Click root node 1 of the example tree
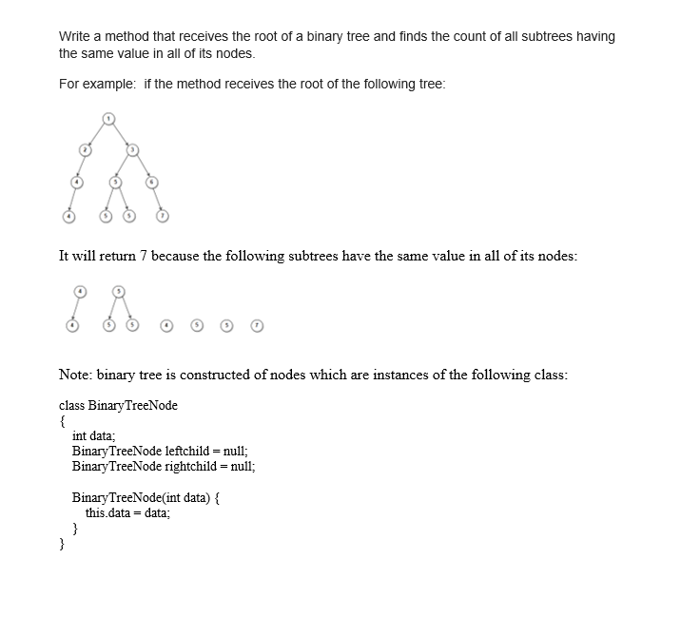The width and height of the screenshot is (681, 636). [x=108, y=118]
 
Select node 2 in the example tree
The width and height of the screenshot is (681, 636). [x=85, y=149]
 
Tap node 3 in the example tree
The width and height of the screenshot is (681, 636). [x=133, y=149]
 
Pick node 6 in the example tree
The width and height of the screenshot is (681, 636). [x=151, y=181]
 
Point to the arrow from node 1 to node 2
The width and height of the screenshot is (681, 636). [x=96, y=134]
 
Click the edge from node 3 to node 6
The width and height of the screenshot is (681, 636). [x=143, y=165]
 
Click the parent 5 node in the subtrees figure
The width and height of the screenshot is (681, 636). [x=119, y=290]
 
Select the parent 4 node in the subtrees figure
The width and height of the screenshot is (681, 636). [x=81, y=290]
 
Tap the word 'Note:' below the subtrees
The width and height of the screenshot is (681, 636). [x=75, y=375]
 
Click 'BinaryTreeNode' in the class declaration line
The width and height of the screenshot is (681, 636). [x=132, y=405]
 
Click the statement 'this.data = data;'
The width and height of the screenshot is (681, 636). [x=127, y=512]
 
